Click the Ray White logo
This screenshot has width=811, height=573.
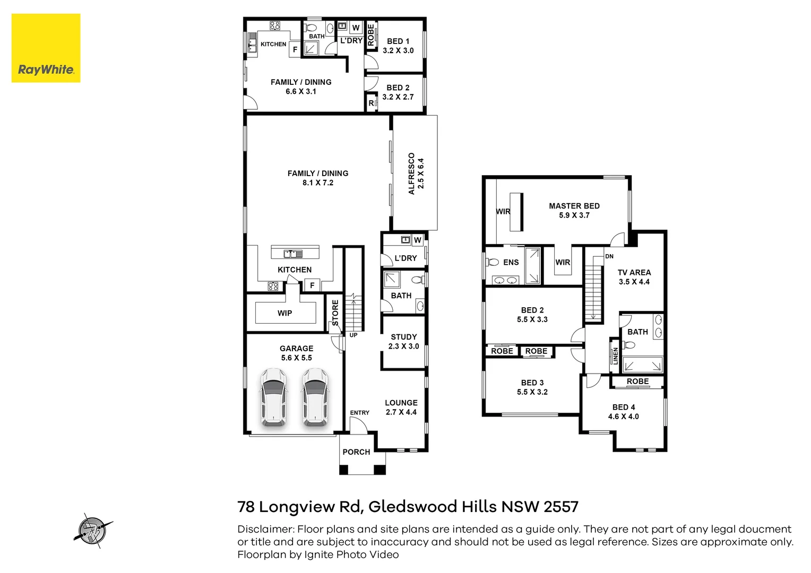46,48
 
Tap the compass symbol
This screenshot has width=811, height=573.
93,531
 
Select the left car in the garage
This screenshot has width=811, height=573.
274,397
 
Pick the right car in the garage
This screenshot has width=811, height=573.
316,397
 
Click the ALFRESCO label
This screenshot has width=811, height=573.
411,173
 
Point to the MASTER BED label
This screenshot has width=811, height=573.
574,206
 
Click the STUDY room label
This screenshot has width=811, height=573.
404,337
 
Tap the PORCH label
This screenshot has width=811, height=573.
356,452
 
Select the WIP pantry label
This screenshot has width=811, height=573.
284,313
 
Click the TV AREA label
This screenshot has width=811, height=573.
634,273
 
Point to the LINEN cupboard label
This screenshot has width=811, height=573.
616,356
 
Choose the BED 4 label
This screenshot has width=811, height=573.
624,407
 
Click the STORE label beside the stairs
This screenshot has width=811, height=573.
335,312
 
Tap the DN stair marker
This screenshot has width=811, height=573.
609,256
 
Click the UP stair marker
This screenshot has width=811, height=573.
353,335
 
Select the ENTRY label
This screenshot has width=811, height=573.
359,413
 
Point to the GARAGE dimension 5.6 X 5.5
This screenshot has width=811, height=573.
297,358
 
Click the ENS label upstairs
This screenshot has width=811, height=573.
511,263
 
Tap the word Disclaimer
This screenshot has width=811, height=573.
265,529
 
